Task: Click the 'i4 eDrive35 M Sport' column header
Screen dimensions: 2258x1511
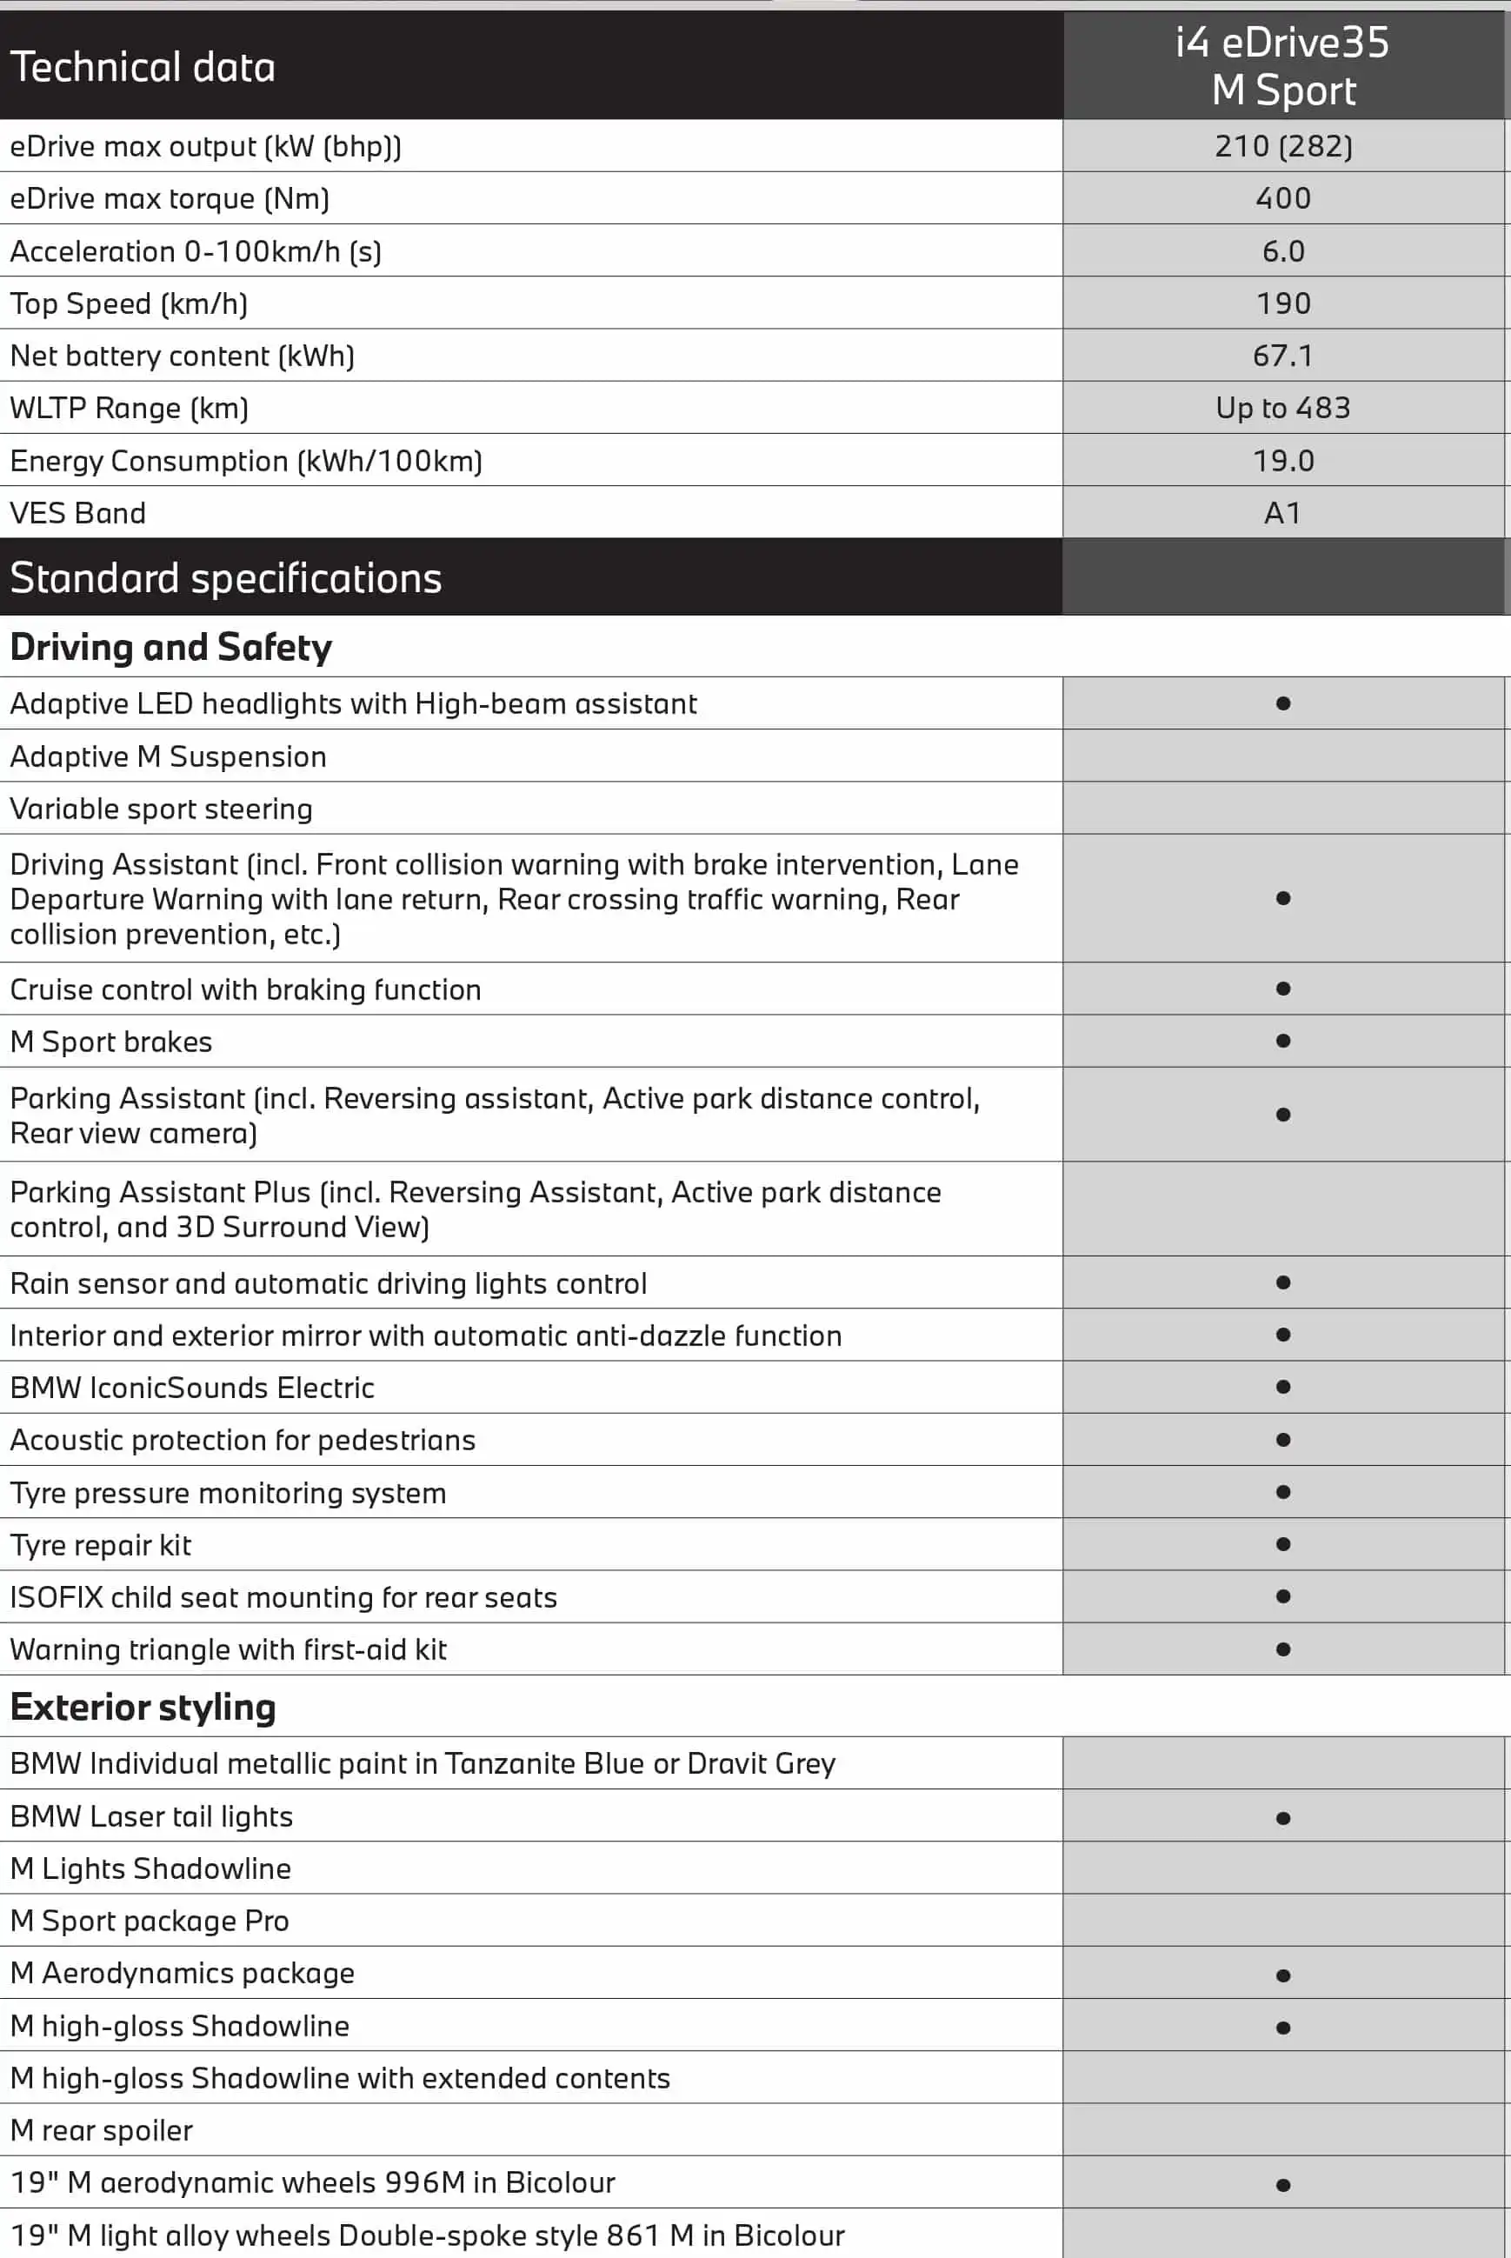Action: (x=1282, y=65)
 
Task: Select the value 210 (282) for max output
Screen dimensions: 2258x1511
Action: (x=1282, y=146)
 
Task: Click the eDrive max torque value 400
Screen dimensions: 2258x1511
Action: (x=1282, y=198)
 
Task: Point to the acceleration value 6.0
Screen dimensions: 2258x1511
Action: (x=1282, y=251)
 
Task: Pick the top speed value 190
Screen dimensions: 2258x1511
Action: (x=1282, y=303)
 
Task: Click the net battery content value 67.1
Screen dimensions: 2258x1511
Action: (x=1282, y=356)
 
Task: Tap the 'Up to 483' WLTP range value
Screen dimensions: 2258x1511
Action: (x=1282, y=408)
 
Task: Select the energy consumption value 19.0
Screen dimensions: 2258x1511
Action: (x=1282, y=461)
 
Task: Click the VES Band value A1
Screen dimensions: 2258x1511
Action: (x=1282, y=513)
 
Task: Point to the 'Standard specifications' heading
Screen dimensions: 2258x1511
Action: (x=225, y=578)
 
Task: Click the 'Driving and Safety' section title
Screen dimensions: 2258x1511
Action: (x=170, y=648)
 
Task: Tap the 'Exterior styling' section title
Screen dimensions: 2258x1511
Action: (x=143, y=1707)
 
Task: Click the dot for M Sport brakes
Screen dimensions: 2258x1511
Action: (x=1282, y=1041)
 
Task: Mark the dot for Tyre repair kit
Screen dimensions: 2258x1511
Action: (x=1282, y=1544)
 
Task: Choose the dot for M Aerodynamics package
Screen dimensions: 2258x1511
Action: (x=1282, y=1975)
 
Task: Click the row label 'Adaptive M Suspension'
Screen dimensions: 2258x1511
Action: (x=168, y=756)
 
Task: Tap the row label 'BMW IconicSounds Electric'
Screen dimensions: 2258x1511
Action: (x=192, y=1388)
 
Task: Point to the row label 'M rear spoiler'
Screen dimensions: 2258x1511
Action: (x=101, y=2130)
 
